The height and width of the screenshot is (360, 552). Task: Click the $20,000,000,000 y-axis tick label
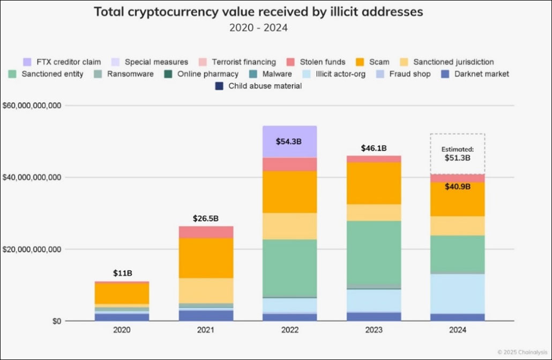tap(32, 250)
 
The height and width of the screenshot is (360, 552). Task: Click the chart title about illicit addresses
tap(258, 12)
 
